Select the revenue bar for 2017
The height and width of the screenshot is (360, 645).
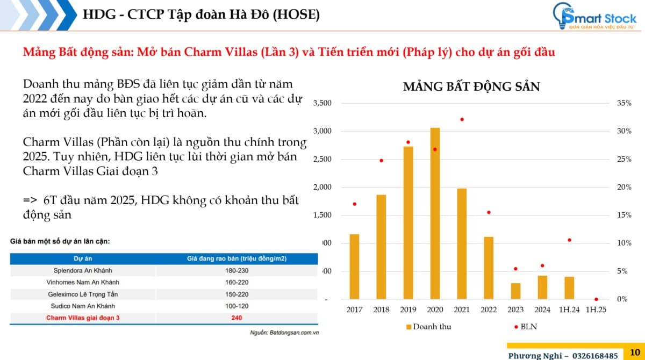coord(354,267)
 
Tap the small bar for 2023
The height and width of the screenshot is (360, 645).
coord(515,291)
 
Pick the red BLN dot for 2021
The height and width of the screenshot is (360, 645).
coord(462,119)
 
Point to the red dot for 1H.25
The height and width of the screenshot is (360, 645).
coord(596,299)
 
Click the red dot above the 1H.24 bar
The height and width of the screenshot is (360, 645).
coord(569,240)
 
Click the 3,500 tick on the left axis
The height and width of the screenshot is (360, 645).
coord(322,103)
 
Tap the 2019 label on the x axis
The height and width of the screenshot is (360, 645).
coord(408,309)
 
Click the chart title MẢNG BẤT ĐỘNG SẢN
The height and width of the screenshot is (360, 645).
coord(471,87)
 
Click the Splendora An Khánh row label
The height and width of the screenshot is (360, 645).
coord(83,270)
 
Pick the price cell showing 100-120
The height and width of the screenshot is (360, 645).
coord(237,306)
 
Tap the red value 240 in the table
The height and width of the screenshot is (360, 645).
coord(237,318)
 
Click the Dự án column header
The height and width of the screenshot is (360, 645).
coord(83,258)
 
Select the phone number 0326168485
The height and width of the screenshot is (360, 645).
coord(589,355)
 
